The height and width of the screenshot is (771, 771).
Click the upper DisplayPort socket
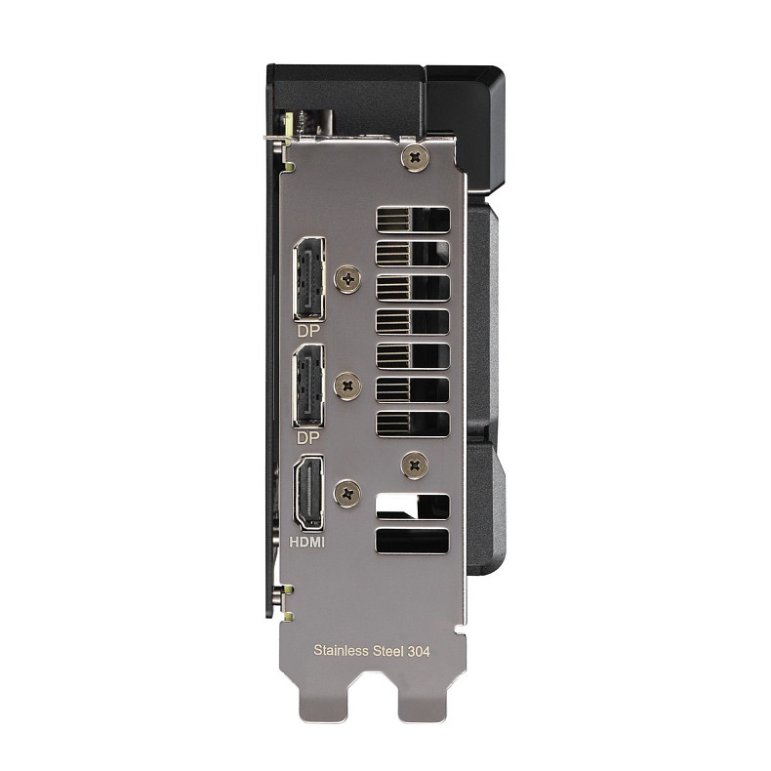[x=309, y=279]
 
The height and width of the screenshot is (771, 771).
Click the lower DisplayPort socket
[x=309, y=385]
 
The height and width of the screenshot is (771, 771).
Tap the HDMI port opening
[x=309, y=492]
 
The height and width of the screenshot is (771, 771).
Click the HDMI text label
[x=306, y=542]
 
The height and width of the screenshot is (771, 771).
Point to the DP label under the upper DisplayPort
[x=308, y=331]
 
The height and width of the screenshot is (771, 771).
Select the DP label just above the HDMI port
[x=308, y=437]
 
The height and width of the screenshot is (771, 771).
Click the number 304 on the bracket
[x=419, y=652]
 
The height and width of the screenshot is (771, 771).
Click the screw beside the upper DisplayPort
[x=347, y=280]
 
